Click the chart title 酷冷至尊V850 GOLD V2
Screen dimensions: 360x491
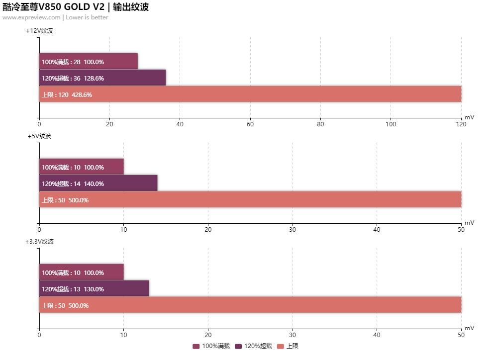coord(53,7)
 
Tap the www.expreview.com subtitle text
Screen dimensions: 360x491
coord(31,17)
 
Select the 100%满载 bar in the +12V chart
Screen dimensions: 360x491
coord(88,62)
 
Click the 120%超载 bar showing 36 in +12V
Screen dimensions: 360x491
coord(102,78)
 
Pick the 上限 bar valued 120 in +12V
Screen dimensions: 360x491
coord(250,94)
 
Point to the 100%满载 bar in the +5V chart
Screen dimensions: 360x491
coord(81,167)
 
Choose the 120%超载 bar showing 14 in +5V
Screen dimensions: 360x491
coord(98,183)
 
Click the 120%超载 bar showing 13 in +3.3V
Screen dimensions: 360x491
coord(94,289)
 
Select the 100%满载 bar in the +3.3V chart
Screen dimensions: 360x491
coord(81,272)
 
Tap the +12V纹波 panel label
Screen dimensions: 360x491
coord(39,31)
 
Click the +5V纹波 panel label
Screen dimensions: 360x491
coord(39,136)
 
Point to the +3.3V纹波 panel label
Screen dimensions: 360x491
coord(39,242)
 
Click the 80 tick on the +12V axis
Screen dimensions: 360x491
coord(320,124)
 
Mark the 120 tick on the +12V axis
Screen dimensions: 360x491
coord(461,124)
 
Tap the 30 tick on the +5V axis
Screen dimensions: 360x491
coord(293,230)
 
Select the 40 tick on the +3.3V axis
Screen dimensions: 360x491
coord(377,335)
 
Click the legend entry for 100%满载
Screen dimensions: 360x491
coord(211,346)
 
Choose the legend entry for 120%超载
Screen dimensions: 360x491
coord(254,346)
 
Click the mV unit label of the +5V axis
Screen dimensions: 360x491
coord(469,223)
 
